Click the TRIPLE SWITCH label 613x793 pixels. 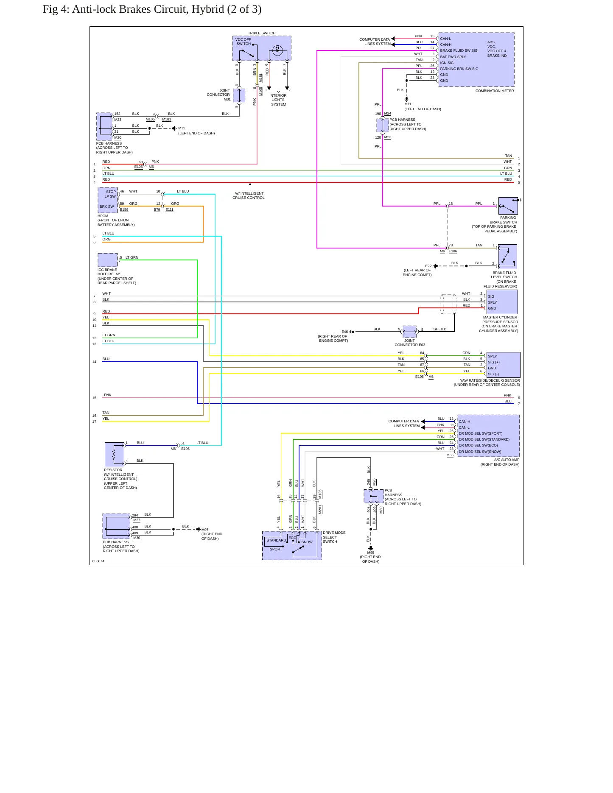[x=262, y=33]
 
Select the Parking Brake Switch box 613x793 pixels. [x=508, y=206]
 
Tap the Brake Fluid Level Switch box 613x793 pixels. [x=507, y=257]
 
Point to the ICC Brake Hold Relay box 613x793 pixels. [x=108, y=260]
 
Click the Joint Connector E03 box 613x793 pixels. [x=409, y=331]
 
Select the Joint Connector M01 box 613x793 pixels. [x=239, y=95]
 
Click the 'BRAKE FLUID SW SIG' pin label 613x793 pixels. [x=459, y=50]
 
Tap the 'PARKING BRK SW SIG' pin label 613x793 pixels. [x=459, y=69]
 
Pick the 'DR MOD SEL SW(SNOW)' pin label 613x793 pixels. [x=480, y=452]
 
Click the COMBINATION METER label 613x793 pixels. [x=494, y=91]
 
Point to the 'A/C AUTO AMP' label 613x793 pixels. [x=507, y=460]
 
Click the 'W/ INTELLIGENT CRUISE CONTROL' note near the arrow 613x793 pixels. [x=249, y=195]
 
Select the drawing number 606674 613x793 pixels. [x=98, y=561]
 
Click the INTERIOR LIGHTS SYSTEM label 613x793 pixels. [x=278, y=100]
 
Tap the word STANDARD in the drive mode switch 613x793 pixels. [x=276, y=540]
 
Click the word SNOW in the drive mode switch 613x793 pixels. [x=307, y=542]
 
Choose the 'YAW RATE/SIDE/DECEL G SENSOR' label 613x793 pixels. [x=490, y=380]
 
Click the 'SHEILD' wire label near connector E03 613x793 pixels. [x=439, y=329]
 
